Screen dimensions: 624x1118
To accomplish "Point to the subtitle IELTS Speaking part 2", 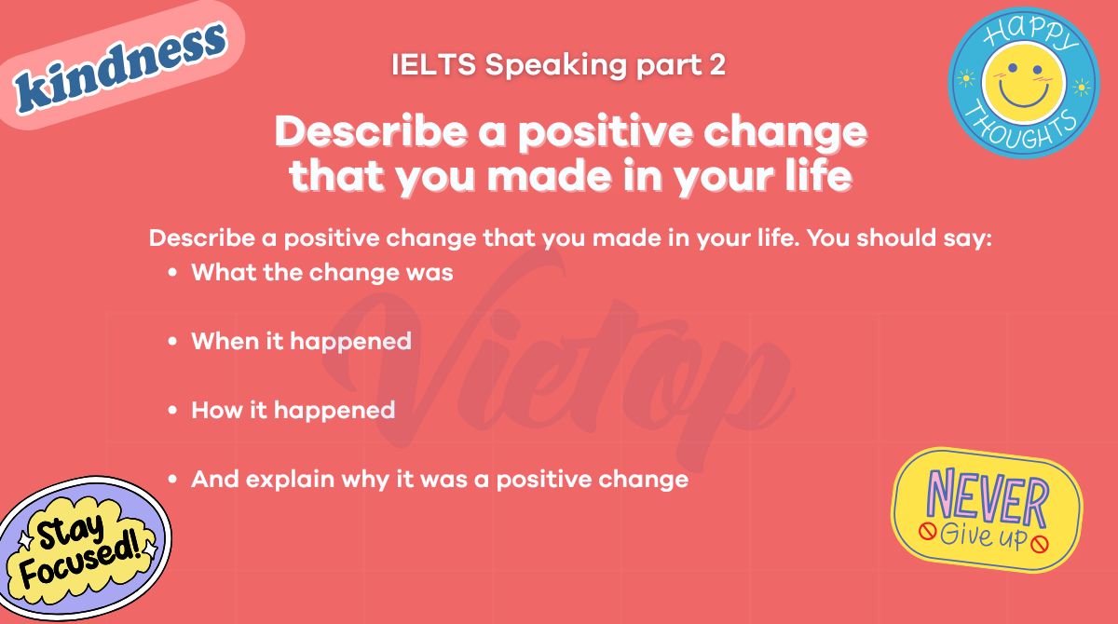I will [x=558, y=65].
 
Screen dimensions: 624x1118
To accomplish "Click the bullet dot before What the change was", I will [x=172, y=274].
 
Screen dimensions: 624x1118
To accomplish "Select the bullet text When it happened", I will [x=301, y=341].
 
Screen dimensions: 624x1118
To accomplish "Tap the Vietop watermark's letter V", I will [x=401, y=345].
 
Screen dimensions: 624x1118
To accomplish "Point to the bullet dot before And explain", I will [x=172, y=480].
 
